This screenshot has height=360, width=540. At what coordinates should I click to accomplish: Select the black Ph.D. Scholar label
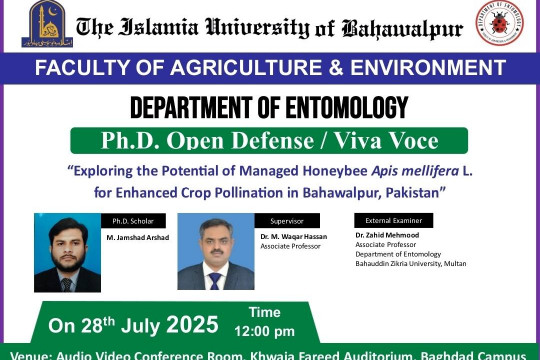[131, 221]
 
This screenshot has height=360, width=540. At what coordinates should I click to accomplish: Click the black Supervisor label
[286, 221]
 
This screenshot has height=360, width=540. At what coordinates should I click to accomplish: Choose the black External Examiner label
[393, 221]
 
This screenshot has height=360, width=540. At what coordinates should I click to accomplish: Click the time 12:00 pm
[264, 331]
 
